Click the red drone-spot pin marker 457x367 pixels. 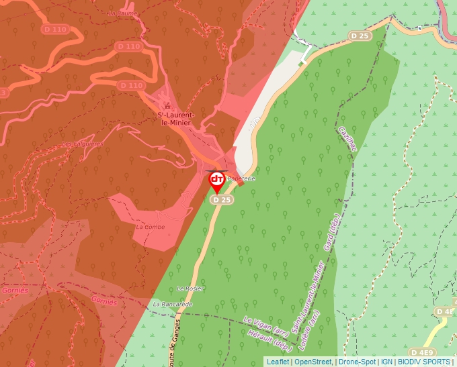click(x=217, y=180)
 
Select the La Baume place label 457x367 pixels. click(x=122, y=13)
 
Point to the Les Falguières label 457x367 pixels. click(x=83, y=144)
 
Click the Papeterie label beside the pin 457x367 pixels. click(x=241, y=179)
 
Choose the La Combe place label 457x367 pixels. click(x=150, y=227)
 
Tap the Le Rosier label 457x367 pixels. click(x=190, y=288)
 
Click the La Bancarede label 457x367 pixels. click(x=173, y=304)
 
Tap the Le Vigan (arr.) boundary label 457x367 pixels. click(x=266, y=327)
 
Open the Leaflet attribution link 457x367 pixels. click(x=278, y=362)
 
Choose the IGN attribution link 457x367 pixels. click(x=387, y=362)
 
